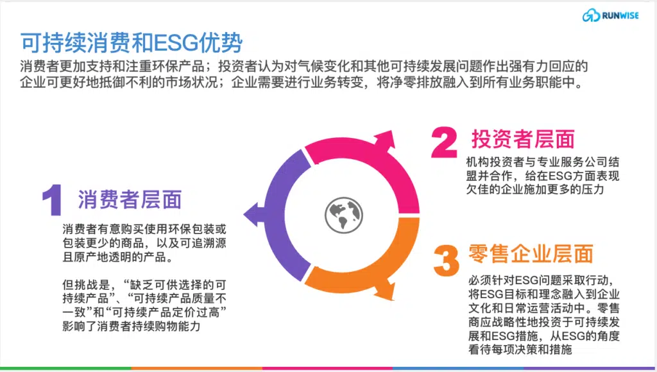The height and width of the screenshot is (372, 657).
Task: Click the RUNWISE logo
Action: tap(611, 15)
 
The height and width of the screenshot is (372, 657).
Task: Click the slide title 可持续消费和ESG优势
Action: tap(132, 43)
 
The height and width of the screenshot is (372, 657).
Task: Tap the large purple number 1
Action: tap(53, 200)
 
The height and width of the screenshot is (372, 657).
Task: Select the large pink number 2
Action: tap(444, 142)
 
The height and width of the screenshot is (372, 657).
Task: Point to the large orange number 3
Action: tap(447, 260)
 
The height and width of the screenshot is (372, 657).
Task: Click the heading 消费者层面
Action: tap(130, 199)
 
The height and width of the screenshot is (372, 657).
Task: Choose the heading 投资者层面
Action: tap(523, 139)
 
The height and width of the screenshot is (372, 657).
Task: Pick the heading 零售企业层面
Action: tap(531, 254)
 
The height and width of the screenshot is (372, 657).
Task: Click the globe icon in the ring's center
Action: tap(344, 215)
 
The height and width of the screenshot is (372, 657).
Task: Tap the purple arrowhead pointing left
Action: tap(251, 214)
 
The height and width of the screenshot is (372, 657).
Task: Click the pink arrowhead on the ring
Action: tap(386, 140)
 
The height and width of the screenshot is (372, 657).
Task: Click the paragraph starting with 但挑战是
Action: tap(144, 305)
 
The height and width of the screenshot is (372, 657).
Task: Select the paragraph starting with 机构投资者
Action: tap(543, 176)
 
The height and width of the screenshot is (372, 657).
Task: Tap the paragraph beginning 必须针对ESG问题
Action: tap(544, 315)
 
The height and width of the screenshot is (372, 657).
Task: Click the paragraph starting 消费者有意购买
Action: tap(144, 243)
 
